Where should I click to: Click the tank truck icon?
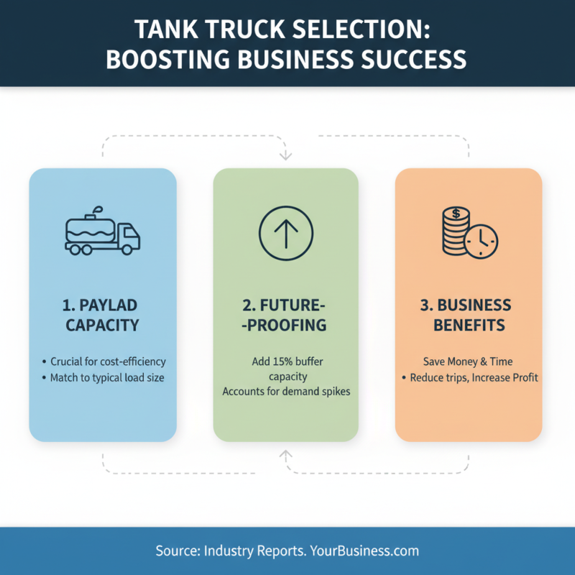tap(102, 231)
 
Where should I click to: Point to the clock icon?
tap(481, 243)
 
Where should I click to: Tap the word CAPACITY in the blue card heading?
tap(102, 325)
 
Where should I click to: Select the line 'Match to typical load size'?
tap(107, 377)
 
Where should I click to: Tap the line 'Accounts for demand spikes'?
tap(286, 392)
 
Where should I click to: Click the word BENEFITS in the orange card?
tap(468, 325)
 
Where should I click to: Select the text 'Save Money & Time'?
tap(468, 362)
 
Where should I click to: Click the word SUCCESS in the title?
tap(411, 59)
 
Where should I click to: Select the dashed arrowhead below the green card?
tap(286, 454)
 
